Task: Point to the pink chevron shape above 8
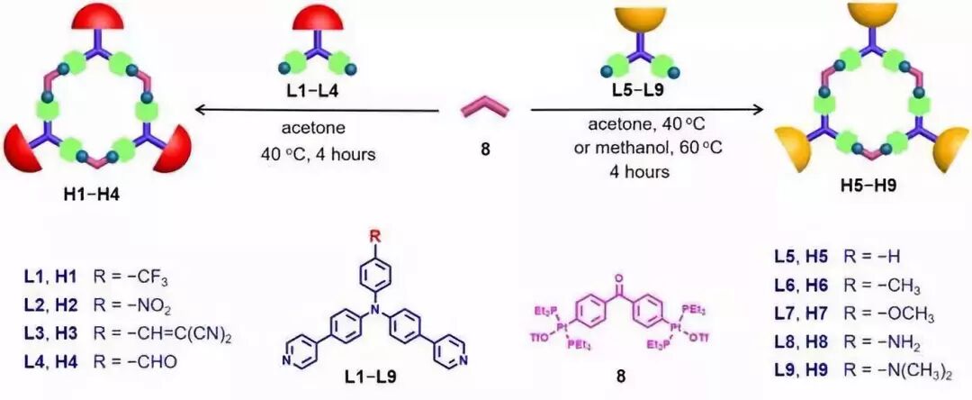485,109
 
